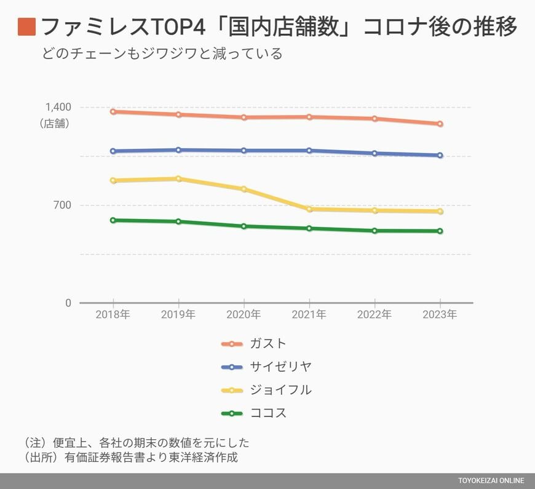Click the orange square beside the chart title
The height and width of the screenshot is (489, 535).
click(27, 27)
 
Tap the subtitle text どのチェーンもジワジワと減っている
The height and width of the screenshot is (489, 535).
click(162, 54)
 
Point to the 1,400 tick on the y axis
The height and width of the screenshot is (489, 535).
click(58, 107)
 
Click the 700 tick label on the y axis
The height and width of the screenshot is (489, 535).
click(62, 205)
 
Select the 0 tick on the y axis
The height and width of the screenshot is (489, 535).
click(68, 303)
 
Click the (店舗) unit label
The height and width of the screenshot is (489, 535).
click(55, 123)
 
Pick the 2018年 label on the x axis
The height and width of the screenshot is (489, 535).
click(113, 315)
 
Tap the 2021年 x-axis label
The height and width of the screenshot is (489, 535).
click(309, 315)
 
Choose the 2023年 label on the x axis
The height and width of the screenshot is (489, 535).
click(440, 315)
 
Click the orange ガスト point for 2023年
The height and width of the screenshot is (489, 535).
click(440, 124)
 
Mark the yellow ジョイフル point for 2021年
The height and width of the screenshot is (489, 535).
click(309, 209)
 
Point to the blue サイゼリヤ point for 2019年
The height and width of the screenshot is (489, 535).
click(178, 150)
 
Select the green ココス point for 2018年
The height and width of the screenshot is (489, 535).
click(113, 220)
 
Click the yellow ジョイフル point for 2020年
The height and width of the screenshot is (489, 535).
click(244, 189)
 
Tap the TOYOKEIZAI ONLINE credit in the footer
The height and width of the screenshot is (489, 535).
click(491, 480)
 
